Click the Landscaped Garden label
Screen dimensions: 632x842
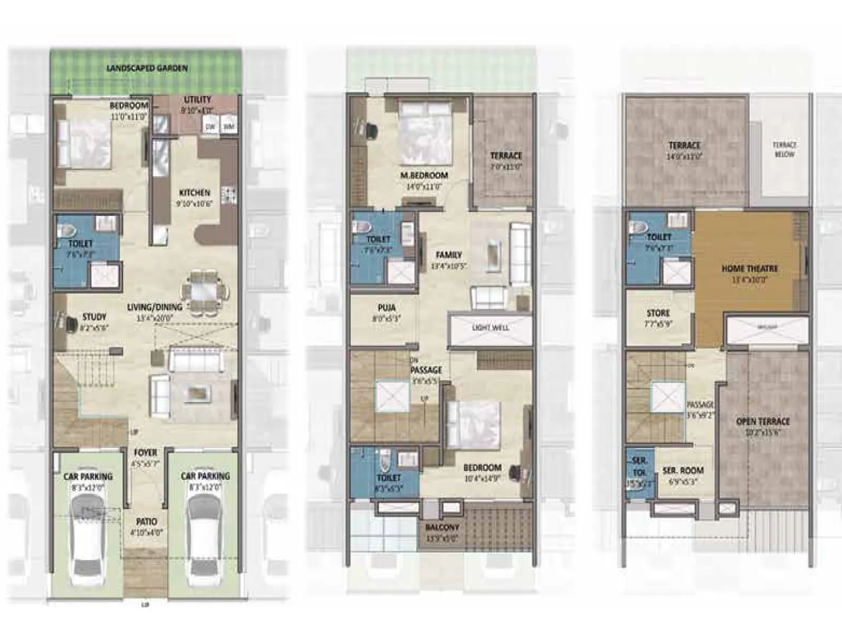[147, 68]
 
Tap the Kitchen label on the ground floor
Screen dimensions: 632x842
[194, 193]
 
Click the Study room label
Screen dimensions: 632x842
[94, 317]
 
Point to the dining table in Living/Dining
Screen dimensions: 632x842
[205, 291]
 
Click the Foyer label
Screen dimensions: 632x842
[145, 452]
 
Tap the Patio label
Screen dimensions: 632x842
[146, 522]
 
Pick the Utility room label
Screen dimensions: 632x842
[197, 100]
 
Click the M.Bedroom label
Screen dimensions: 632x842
[424, 175]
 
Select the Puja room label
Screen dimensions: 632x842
[387, 308]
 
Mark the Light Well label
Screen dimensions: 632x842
[490, 328]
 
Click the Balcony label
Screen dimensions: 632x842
[442, 527]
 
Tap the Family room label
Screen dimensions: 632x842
[448, 255]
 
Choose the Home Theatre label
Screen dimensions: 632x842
[749, 269]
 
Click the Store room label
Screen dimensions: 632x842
[658, 313]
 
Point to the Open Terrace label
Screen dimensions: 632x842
[763, 422]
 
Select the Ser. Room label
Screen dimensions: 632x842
[683, 471]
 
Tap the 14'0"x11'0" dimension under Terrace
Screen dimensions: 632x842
[685, 157]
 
